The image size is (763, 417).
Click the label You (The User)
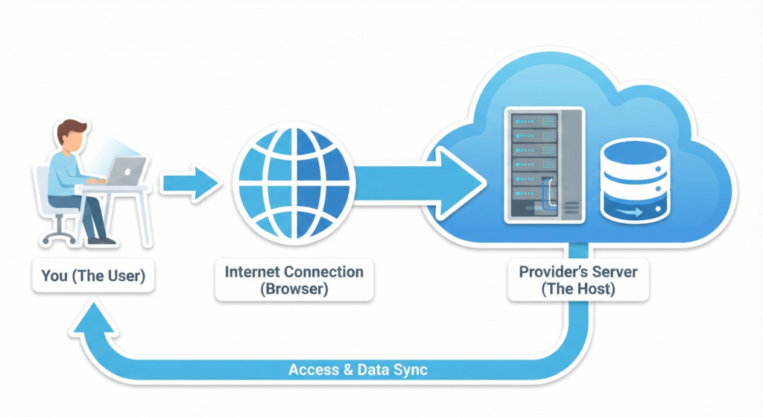coord(93,276)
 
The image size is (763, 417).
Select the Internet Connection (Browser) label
coord(294,280)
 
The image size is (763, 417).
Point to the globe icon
coord(292,182)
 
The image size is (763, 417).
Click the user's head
coord(74,134)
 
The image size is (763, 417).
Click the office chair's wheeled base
coord(60,235)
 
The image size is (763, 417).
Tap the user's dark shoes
coord(101,240)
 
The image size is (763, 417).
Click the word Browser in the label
coord(294,289)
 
